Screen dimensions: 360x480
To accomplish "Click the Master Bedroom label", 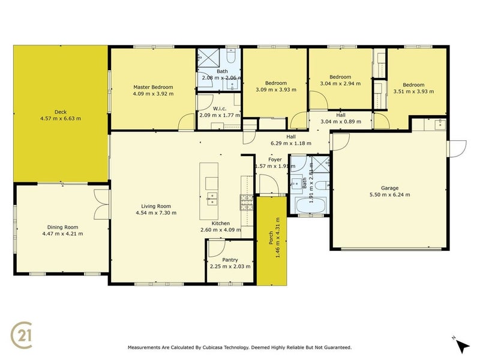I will point(153,88).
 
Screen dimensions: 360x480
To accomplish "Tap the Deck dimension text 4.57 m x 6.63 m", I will point(59,118).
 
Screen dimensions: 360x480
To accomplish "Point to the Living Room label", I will point(155,206).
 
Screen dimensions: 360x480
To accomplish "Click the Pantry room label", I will point(230,260).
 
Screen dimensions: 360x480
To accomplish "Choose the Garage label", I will point(390,188).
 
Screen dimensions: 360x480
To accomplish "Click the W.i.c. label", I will point(219,108).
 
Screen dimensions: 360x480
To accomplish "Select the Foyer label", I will point(275,159).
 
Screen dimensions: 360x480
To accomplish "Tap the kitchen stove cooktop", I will point(246,202).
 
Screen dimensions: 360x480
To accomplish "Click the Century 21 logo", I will point(23,334).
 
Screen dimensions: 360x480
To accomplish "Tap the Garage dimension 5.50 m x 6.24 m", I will point(390,194).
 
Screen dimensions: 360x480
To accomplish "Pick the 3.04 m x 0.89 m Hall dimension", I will point(341,121).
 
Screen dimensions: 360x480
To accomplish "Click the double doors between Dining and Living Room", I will point(101,203).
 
